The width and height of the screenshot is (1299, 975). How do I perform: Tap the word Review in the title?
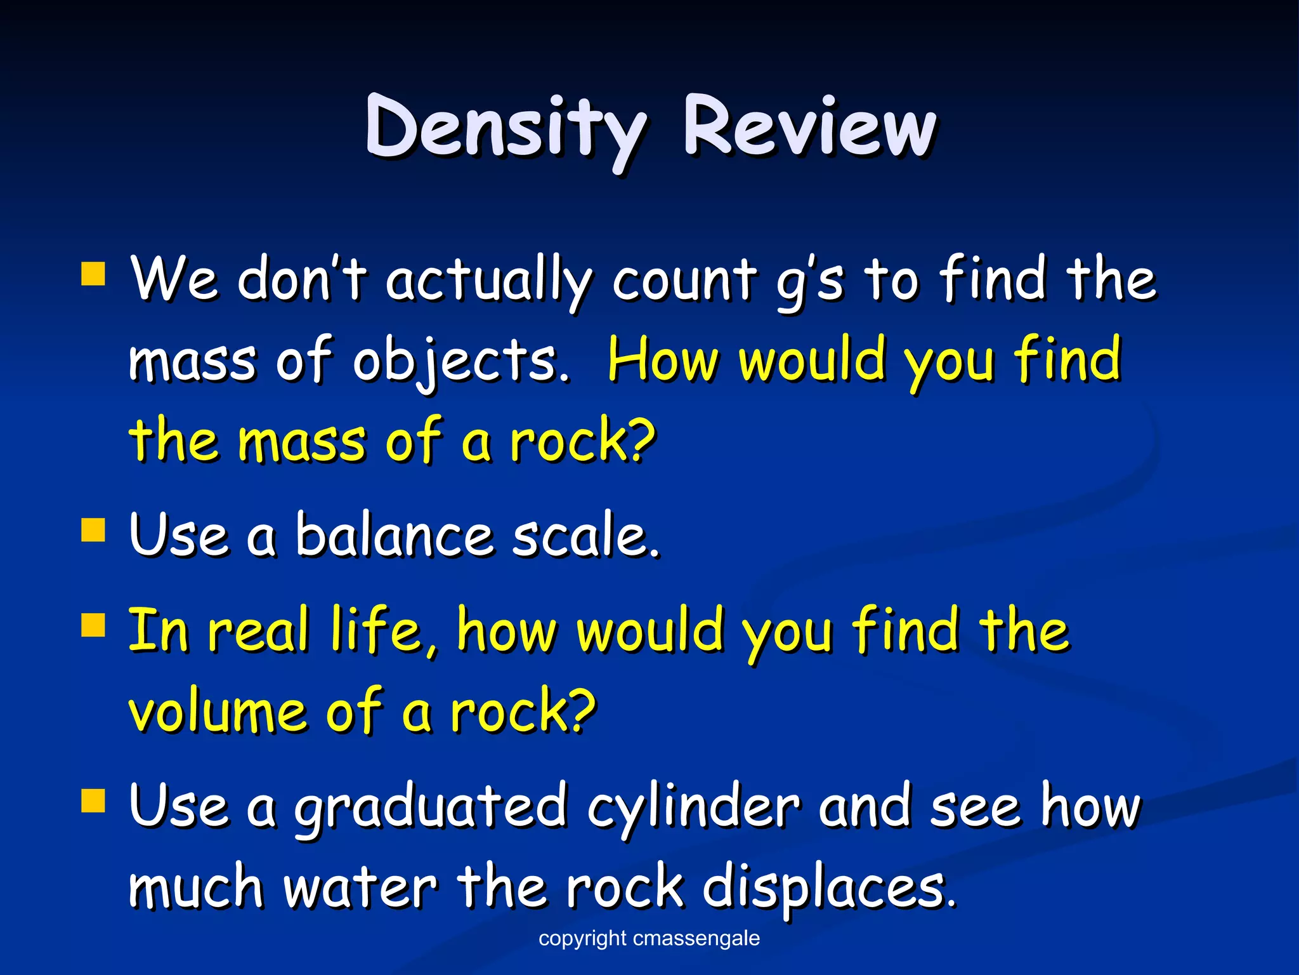click(809, 127)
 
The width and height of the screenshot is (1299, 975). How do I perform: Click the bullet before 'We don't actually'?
click(93, 275)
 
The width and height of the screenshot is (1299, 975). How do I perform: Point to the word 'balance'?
click(394, 535)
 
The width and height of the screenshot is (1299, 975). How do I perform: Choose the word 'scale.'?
click(586, 535)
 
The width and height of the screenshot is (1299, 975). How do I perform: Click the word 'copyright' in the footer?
click(582, 939)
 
